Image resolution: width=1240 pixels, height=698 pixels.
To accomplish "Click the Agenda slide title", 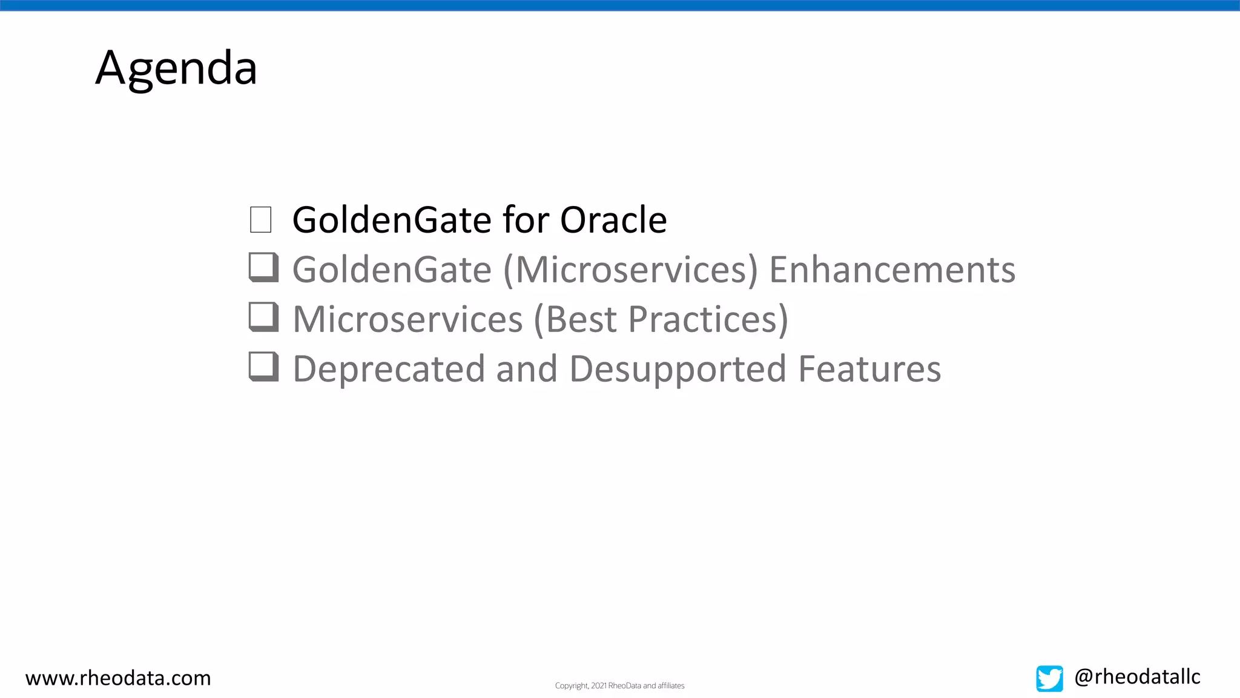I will tap(176, 68).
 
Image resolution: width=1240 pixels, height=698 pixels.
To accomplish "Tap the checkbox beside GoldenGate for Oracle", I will tap(261, 219).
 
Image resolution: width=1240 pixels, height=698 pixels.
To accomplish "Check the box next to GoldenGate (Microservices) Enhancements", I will tap(263, 267).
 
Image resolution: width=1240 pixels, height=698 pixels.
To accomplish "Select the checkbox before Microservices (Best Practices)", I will tap(263, 317).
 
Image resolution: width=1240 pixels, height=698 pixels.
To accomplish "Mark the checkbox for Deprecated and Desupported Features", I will tap(263, 367).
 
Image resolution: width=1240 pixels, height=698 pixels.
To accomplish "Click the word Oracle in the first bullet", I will tap(613, 219).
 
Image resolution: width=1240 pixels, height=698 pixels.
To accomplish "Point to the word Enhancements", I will tap(892, 270).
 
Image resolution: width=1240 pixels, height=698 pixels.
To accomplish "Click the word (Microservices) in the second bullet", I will tap(630, 270).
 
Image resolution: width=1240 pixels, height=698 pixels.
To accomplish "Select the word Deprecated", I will tap(389, 369).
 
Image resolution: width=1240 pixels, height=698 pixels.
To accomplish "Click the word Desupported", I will tap(678, 369).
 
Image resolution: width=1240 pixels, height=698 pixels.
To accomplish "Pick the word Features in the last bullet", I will tap(869, 369).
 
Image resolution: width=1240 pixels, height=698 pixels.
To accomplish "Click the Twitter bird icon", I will tap(1049, 678).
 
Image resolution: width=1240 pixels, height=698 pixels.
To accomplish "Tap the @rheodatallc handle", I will tap(1137, 676).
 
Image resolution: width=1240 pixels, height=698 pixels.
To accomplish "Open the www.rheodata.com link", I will tap(118, 677).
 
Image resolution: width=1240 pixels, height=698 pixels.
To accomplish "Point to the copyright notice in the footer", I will tap(619, 686).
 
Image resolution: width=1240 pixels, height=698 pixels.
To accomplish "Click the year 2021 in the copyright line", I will tap(599, 686).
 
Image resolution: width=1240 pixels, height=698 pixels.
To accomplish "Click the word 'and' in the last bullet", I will tap(526, 369).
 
